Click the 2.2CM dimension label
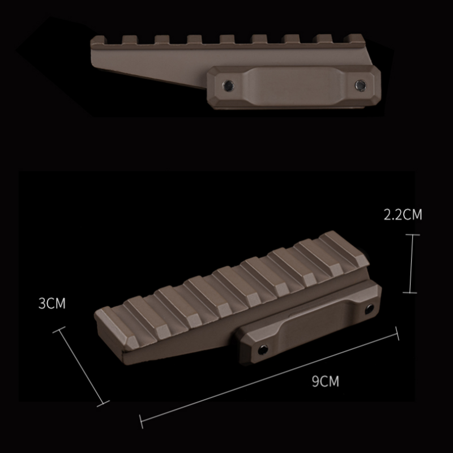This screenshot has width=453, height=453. coord(403,215)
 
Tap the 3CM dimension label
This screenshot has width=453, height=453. coord(52,304)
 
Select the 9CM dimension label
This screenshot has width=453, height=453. coord(325,381)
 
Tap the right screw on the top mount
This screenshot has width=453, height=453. coord(358,85)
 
